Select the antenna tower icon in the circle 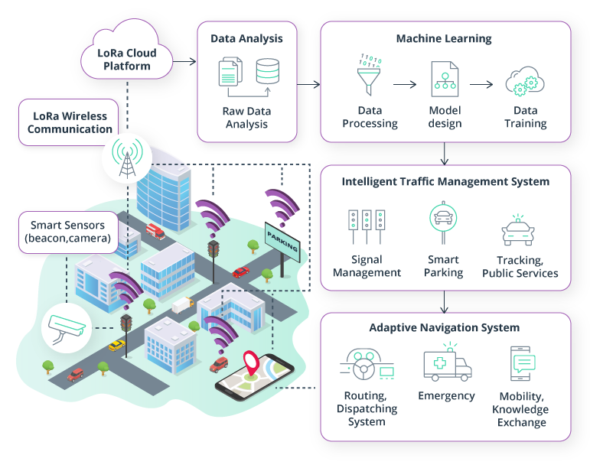pos(125,157)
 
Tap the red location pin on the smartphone pos(250,362)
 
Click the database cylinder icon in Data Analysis pos(268,71)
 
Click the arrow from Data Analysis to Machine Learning pos(308,84)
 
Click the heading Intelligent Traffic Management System pos(445,182)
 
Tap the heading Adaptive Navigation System pos(445,328)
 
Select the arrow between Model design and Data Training pos(482,84)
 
